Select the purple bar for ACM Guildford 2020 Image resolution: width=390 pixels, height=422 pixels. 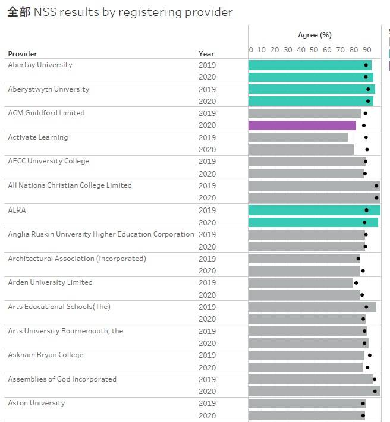(301, 125)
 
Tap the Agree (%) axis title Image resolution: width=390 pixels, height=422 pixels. (314, 35)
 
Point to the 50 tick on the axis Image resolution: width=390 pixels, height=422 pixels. (314, 50)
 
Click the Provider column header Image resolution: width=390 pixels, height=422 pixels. (23, 54)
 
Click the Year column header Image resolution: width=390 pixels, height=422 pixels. (206, 54)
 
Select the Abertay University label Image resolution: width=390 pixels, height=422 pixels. (40, 65)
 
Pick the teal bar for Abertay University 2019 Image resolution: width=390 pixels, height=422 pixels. (309, 65)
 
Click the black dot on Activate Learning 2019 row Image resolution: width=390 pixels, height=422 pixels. (366, 137)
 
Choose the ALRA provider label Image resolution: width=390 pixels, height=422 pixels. (17, 210)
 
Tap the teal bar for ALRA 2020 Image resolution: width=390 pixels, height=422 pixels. (313, 222)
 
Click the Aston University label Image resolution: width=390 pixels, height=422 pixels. (36, 403)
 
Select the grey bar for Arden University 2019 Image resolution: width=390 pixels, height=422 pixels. (300, 283)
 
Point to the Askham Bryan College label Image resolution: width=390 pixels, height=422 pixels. (46, 355)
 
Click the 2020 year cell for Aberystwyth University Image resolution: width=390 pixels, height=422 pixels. (207, 102)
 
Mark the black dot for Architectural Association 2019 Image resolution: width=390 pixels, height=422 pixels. (358, 259)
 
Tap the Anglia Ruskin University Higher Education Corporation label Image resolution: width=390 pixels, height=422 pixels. (101, 234)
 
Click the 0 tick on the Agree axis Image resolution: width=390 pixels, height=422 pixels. (251, 50)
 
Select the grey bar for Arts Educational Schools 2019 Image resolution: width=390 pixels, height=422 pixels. (312, 307)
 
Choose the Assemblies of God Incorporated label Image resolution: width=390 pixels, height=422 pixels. (62, 379)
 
